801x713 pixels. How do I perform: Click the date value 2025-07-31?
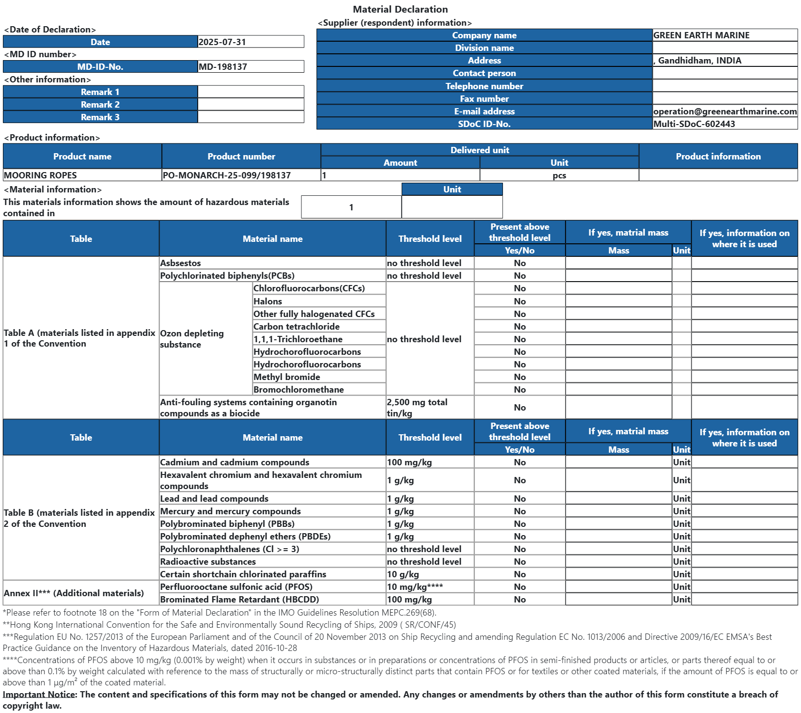222,42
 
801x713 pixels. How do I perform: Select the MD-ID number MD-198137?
223,67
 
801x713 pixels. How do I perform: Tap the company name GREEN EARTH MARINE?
701,35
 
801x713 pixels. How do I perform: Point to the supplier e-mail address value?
725,111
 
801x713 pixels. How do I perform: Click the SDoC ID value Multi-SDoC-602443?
694,124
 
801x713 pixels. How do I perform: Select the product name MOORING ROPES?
40,175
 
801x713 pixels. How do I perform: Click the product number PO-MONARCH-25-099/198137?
227,175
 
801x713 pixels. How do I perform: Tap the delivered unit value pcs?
559,175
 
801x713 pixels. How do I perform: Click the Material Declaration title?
400,9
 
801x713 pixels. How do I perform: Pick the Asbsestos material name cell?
181,263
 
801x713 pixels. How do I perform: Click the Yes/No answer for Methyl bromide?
519,377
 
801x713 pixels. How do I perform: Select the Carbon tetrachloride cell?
297,327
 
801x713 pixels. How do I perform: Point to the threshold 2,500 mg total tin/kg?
417,408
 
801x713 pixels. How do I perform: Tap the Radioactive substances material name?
208,562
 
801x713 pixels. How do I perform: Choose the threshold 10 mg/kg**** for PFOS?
415,587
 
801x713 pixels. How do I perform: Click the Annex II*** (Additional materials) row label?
74,593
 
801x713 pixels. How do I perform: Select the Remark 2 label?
100,105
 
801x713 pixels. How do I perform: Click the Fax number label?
484,99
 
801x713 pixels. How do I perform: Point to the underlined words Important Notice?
39,695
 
